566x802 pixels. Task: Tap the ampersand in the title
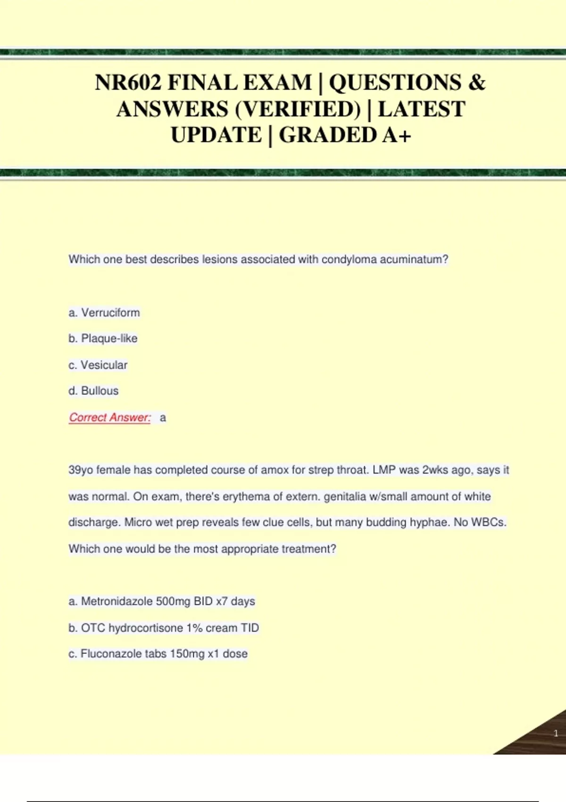[476, 83]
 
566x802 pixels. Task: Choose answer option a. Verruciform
[104, 313]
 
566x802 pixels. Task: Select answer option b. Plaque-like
[103, 339]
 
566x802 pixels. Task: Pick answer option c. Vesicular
[98, 365]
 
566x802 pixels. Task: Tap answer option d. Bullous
[93, 391]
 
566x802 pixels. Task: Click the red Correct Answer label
[110, 418]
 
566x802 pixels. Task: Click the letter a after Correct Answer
[163, 418]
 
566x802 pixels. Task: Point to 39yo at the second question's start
[81, 470]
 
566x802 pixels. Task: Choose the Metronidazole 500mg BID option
[162, 601]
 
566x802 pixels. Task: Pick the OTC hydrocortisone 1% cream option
[164, 628]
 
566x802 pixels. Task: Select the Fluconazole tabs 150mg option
[158, 654]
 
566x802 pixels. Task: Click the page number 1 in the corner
[556, 733]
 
